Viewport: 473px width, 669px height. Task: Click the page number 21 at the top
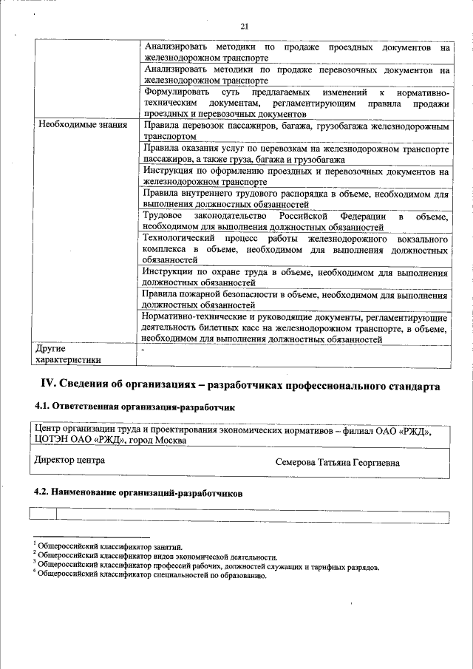(x=244, y=27)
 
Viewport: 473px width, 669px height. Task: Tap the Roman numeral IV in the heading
(x=47, y=386)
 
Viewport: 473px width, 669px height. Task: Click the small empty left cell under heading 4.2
(x=42, y=515)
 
